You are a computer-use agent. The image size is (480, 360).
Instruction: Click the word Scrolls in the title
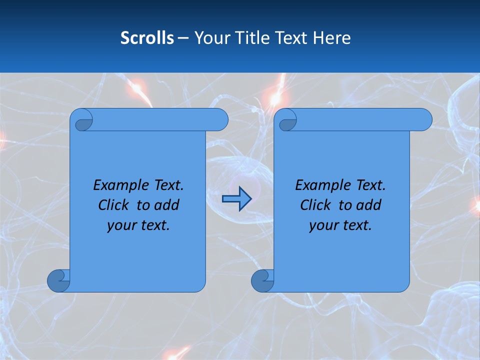(147, 38)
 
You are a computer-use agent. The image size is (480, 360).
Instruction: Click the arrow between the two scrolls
(236, 199)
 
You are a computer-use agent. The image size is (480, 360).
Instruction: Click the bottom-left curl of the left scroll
(58, 280)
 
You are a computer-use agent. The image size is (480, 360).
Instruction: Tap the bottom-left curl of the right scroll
(262, 280)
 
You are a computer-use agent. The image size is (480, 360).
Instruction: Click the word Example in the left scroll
(115, 185)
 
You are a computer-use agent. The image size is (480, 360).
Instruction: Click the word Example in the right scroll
(317, 185)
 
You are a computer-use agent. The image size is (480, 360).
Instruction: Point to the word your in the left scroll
(121, 225)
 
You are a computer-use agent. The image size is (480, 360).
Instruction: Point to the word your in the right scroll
(323, 225)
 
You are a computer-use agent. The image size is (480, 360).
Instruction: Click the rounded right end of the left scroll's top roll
(220, 120)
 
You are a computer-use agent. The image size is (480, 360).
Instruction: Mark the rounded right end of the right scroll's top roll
(424, 120)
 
